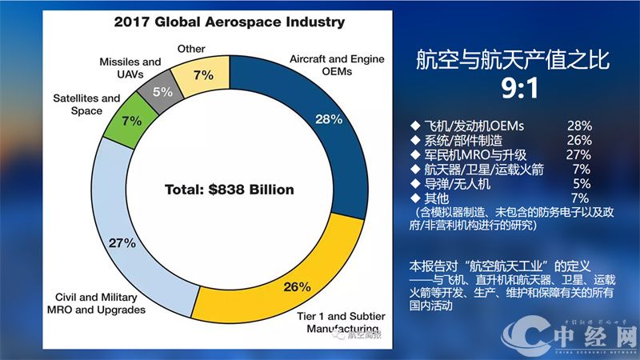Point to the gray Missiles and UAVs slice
pos(162,91)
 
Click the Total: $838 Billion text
pos(230,190)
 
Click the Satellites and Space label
pos(86,104)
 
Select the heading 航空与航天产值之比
pos(513,60)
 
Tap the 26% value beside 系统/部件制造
pos(576,141)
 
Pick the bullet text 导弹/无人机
pos(454,184)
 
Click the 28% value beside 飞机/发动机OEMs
pos(576,126)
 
